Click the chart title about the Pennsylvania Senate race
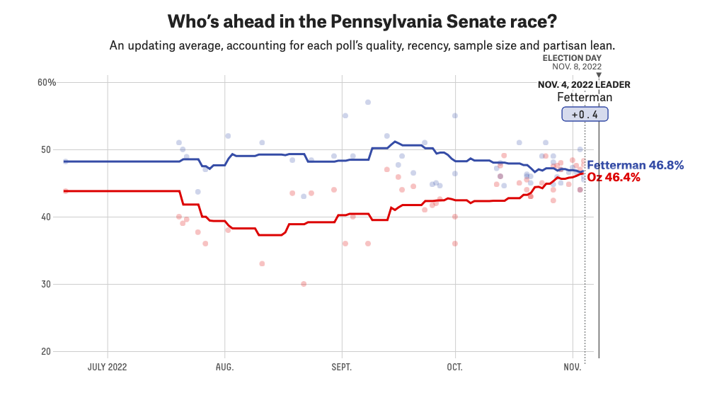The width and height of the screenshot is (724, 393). (x=362, y=21)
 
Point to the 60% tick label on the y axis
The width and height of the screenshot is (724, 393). (x=47, y=83)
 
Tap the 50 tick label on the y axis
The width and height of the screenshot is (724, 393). (x=46, y=149)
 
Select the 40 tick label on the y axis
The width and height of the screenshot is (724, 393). (x=46, y=217)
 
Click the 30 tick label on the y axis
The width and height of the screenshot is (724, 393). (x=46, y=284)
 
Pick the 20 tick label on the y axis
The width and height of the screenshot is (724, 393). (x=46, y=351)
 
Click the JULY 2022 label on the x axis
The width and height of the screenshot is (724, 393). (x=107, y=367)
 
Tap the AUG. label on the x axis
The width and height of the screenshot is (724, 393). (x=225, y=367)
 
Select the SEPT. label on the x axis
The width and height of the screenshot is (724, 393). (x=342, y=367)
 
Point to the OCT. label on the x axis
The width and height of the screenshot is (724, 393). (x=455, y=367)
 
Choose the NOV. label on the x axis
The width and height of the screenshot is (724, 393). (x=572, y=367)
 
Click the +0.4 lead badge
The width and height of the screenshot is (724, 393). (x=585, y=114)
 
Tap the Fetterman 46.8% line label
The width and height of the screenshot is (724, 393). (x=636, y=165)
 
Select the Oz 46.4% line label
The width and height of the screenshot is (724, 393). (x=614, y=177)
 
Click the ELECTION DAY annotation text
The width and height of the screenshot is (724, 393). (x=572, y=58)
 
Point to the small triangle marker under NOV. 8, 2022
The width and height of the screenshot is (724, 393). (x=599, y=75)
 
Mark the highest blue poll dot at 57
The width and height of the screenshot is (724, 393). (x=368, y=102)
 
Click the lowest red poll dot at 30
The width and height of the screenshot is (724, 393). (x=304, y=284)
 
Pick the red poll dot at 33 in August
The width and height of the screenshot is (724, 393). (x=263, y=263)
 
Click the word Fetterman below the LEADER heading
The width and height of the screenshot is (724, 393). (x=585, y=98)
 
